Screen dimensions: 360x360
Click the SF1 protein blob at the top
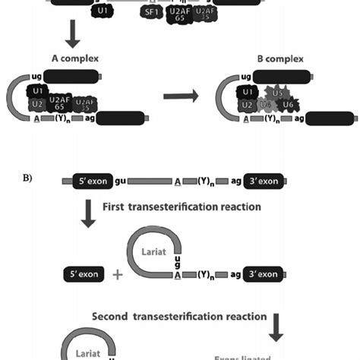click(x=150, y=13)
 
